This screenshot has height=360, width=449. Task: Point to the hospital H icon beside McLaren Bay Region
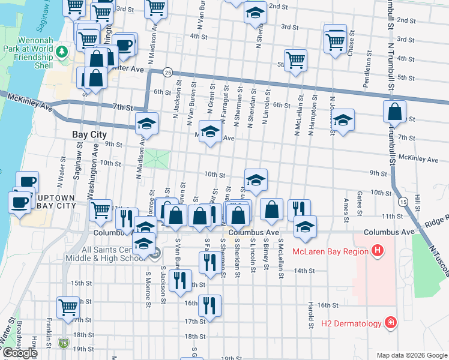click(x=377, y=250)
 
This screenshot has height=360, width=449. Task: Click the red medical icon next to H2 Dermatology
click(x=391, y=323)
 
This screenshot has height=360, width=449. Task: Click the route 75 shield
click(x=64, y=343)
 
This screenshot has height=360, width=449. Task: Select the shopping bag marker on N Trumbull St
click(x=394, y=112)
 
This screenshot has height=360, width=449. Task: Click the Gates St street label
click(x=359, y=203)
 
